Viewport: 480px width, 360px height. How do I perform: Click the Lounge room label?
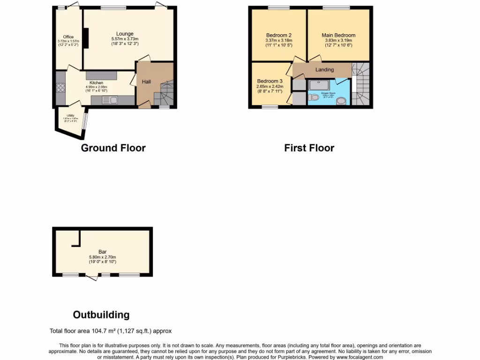pos(125,34)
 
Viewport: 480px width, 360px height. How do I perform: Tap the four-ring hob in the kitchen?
pos(60,88)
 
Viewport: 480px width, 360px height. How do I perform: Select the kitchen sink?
pos(112,100)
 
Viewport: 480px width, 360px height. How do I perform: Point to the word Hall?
pos(147,82)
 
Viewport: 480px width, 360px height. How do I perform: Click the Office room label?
pos(68,37)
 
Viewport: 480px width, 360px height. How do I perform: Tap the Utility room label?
pos(70,115)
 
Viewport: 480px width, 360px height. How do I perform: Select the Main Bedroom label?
pos(338,35)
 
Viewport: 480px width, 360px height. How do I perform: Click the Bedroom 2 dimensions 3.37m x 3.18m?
pos(278,40)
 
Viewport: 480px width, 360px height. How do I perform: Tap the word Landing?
pos(324,70)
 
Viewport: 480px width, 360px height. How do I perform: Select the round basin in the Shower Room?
pos(342,100)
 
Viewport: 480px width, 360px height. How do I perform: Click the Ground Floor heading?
pos(113,148)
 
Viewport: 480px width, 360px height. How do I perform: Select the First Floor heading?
pos(309,148)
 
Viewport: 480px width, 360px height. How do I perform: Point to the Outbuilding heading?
pos(101,315)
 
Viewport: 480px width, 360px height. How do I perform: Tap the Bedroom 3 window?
pos(270,107)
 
